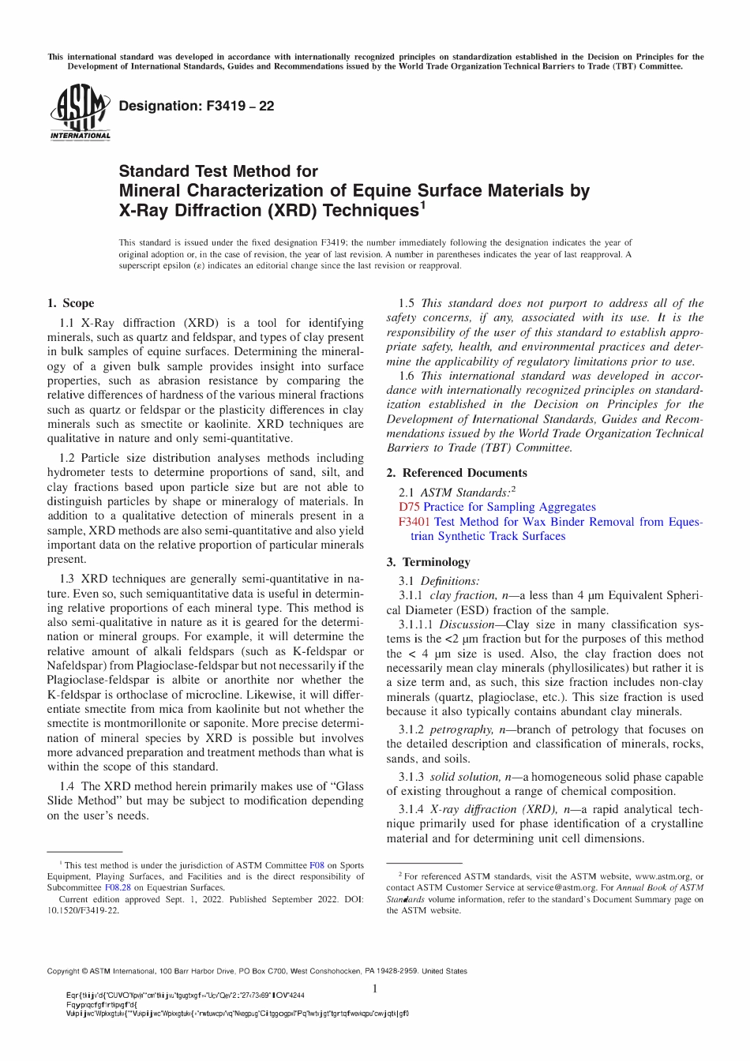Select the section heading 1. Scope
pos(70,303)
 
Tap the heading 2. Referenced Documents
pos(456,473)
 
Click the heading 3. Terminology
pos(428,562)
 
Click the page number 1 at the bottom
pos(375,988)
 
